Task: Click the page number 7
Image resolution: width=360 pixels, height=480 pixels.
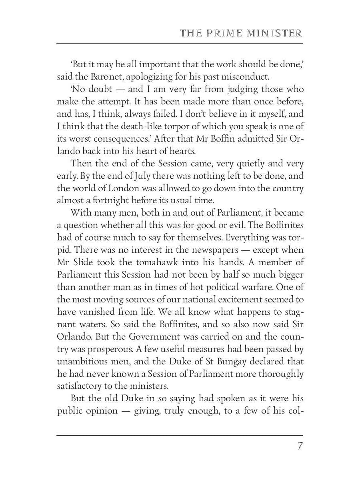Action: pos(299,446)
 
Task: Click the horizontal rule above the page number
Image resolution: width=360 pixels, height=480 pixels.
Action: pos(180,435)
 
